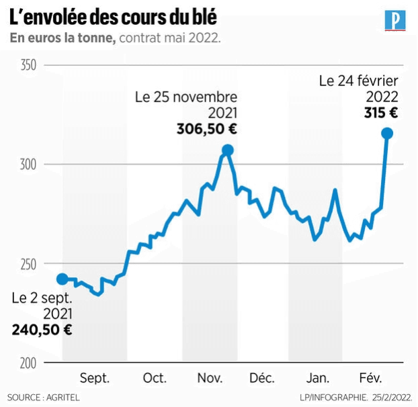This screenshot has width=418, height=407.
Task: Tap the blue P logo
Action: (x=395, y=20)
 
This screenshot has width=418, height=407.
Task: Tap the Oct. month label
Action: (x=155, y=378)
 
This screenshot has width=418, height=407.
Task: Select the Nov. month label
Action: (x=210, y=378)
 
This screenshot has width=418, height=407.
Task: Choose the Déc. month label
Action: (x=262, y=378)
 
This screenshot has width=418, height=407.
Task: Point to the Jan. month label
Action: (x=316, y=378)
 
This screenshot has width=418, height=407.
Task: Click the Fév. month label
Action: (x=371, y=378)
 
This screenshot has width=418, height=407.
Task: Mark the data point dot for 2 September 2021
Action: (x=62, y=279)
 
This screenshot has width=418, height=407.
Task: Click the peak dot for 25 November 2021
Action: (x=228, y=150)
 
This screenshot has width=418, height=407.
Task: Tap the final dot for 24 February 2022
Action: (x=387, y=133)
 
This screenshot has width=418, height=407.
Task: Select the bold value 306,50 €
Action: (x=207, y=129)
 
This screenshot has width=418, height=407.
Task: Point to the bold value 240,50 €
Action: (x=42, y=329)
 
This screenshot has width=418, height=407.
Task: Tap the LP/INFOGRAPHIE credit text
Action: (x=334, y=398)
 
